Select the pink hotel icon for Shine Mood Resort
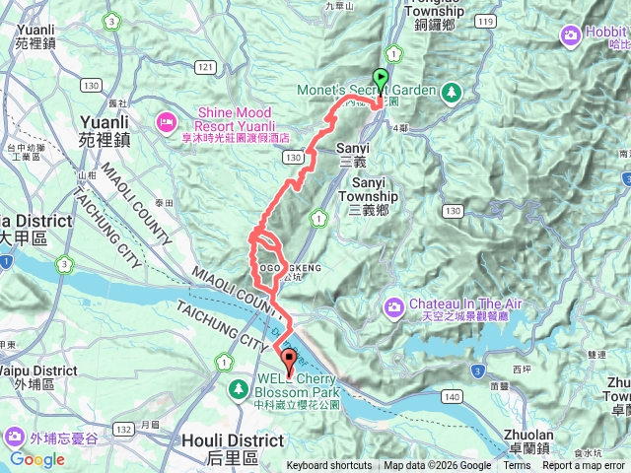pos(165,121)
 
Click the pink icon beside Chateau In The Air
pos(393,307)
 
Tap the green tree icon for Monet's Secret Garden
pos(453,92)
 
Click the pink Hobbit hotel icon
pos(571,36)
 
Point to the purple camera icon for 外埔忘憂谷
pos(15,436)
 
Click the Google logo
pos(37,459)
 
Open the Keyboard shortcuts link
pos(329,466)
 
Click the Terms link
pos(517,466)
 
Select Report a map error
pos(584,466)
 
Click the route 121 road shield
pos(205,66)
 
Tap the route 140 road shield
pos(452,396)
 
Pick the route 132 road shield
pos(123,430)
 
